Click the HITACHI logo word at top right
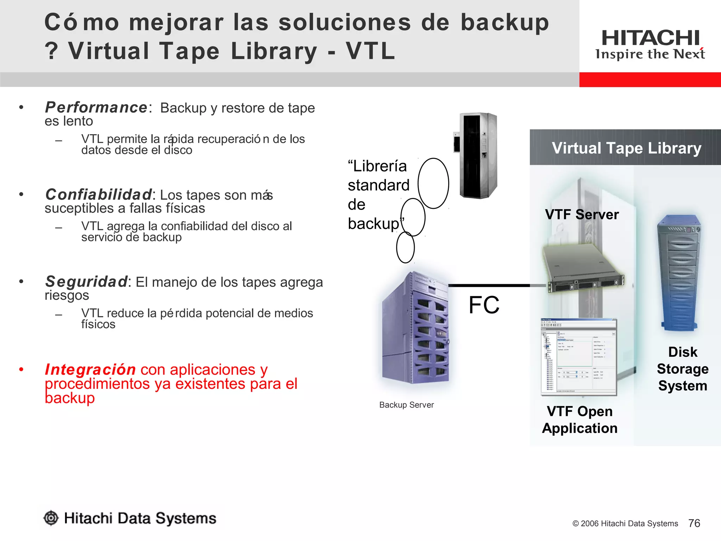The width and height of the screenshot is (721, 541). click(650, 38)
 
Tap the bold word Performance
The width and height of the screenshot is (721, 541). click(96, 107)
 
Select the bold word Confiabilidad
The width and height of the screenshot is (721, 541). click(99, 194)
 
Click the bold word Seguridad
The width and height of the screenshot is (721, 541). click(87, 282)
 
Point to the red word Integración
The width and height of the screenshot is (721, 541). click(90, 369)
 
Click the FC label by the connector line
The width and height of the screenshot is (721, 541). click(484, 305)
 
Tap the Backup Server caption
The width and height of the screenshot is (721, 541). click(406, 405)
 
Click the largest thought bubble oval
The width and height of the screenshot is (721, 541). click(433, 183)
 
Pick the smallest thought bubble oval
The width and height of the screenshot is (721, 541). click(405, 247)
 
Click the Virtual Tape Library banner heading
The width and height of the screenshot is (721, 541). click(626, 148)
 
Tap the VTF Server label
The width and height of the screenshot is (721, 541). click(582, 214)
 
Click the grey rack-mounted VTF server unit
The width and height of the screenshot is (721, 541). click(583, 268)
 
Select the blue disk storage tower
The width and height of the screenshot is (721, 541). click(678, 273)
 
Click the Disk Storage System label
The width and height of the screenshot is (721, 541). click(682, 369)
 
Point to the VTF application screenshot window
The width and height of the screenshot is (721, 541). click(578, 357)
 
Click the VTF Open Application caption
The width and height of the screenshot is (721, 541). click(579, 420)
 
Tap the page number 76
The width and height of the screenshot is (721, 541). click(694, 523)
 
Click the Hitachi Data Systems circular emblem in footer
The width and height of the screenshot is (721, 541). click(51, 518)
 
